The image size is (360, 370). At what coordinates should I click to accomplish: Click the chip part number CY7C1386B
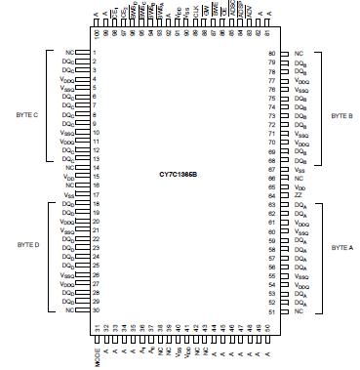tap(180, 174)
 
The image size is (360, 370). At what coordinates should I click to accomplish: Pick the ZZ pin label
tap(298, 195)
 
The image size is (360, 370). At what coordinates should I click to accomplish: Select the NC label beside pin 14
tap(69, 168)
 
